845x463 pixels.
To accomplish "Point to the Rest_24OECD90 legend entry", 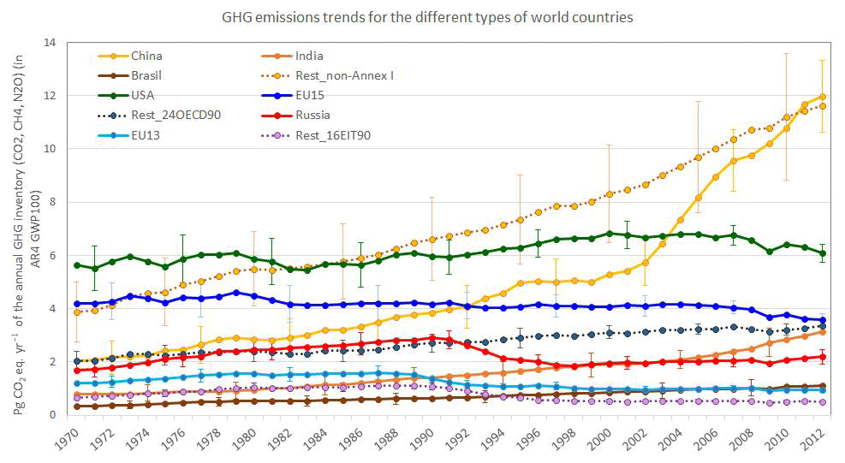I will [176, 115].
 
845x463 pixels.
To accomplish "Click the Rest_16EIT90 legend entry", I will [334, 134].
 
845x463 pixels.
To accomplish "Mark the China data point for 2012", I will [823, 97].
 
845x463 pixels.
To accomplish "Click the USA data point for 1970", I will [78, 265].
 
